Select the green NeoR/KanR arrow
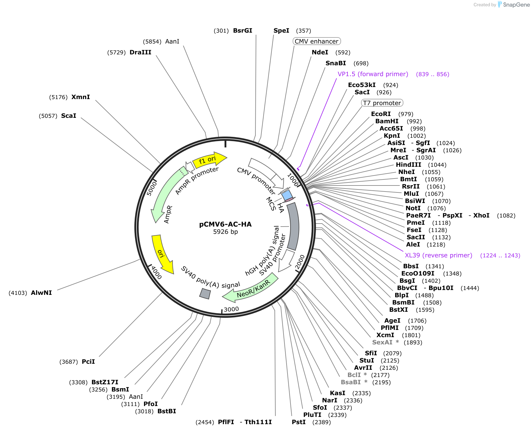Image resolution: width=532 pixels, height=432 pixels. pyautogui.click(x=251, y=288)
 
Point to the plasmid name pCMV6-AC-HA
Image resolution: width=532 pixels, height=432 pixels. pyautogui.click(x=225, y=224)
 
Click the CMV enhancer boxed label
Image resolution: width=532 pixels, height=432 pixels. pyautogui.click(x=317, y=41)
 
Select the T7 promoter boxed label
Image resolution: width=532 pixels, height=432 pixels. pyautogui.click(x=382, y=103)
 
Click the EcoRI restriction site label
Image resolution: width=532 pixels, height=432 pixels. pyautogui.click(x=381, y=114)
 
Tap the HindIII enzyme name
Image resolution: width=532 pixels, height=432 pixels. pyautogui.click(x=409, y=165)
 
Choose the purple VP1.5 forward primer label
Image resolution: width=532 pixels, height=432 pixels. pyautogui.click(x=373, y=74)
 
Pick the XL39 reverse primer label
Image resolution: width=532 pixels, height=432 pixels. pyautogui.click(x=438, y=255)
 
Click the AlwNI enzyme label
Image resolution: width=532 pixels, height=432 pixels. pyautogui.click(x=41, y=293)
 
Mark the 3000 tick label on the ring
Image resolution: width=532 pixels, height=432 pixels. pyautogui.click(x=232, y=309)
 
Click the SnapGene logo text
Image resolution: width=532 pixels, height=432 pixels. pyautogui.click(x=516, y=5)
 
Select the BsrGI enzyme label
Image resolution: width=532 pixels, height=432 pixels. pyautogui.click(x=243, y=31)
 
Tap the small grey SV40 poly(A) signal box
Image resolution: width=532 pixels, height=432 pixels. pyautogui.click(x=205, y=294)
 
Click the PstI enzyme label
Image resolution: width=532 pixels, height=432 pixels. pyautogui.click(x=299, y=422)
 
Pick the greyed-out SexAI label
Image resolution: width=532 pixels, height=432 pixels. pyautogui.click(x=382, y=342)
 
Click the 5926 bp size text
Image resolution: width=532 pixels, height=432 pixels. pyautogui.click(x=225, y=232)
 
